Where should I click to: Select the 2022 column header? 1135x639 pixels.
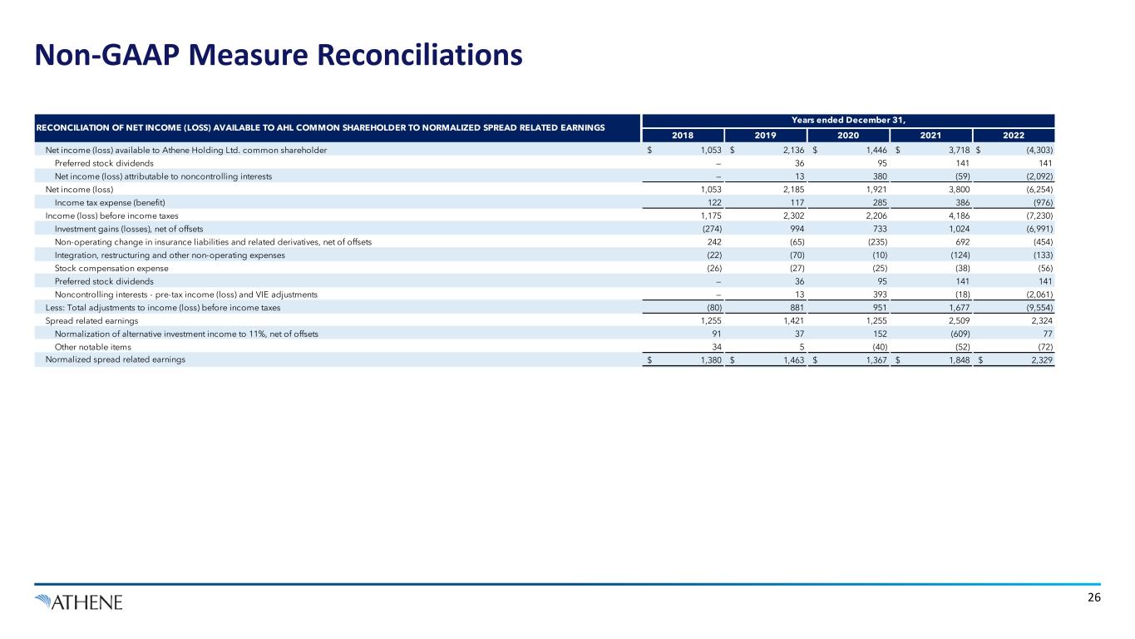click(x=1013, y=136)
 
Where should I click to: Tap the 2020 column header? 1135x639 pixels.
click(x=848, y=136)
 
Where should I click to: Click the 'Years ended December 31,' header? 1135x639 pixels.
click(x=848, y=120)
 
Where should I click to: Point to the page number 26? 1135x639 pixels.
click(x=1093, y=598)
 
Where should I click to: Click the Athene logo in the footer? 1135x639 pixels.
click(x=79, y=601)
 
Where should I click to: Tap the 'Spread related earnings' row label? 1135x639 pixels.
click(x=91, y=320)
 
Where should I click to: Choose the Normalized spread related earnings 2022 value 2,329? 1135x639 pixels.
click(x=1039, y=359)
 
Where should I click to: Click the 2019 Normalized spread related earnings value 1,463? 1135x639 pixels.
click(x=792, y=359)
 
